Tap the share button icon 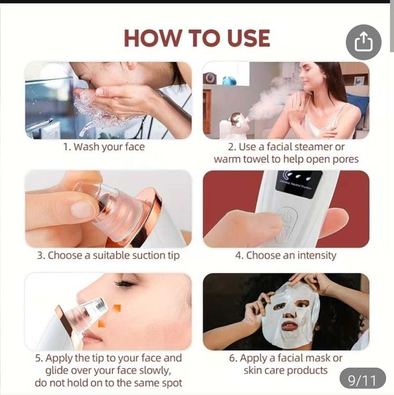coord(364,42)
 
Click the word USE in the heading coord(248,38)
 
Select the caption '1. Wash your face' coord(104,147)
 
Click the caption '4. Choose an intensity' coord(286,255)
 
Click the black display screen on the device coord(299,184)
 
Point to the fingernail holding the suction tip coord(81,209)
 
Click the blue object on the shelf coord(229,81)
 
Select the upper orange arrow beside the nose coord(117,309)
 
